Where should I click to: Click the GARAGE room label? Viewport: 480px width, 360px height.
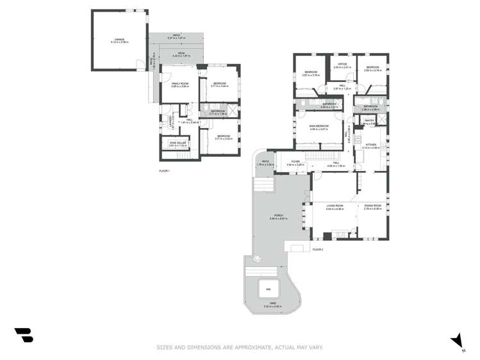click(119, 39)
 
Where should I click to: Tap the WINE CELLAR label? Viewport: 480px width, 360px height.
click(178, 143)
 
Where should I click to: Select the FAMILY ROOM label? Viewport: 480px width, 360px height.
click(179, 83)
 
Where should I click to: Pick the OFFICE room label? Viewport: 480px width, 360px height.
click(342, 65)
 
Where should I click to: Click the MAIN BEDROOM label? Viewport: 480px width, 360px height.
click(319, 126)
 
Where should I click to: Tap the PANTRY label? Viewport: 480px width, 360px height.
click(369, 120)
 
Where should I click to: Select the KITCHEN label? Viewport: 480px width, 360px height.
click(372, 145)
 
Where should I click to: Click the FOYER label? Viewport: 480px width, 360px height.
click(295, 161)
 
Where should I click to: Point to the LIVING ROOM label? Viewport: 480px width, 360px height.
click(335, 206)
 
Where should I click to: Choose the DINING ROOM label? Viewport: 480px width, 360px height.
click(372, 206)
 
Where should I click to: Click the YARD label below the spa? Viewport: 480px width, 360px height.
click(272, 304)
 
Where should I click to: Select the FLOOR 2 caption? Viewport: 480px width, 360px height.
click(318, 249)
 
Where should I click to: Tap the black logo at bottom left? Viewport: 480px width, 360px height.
click(24, 334)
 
